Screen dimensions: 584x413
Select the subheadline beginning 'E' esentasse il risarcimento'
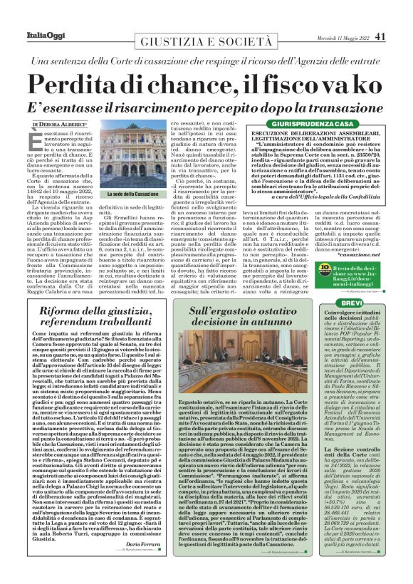206,107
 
